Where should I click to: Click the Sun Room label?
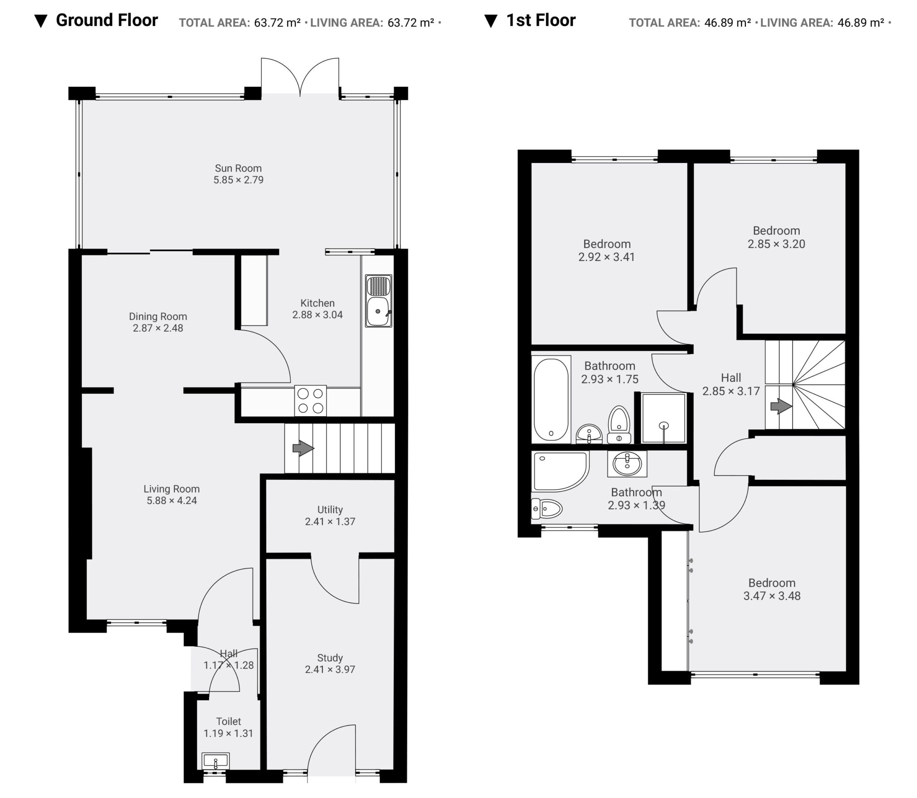coord(238,168)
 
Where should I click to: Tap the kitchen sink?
coord(379,300)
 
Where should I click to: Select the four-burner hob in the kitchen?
coord(310,401)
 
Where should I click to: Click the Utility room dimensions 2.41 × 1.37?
coord(330,521)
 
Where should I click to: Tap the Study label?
coord(330,658)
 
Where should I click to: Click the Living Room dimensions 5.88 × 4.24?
coord(172,500)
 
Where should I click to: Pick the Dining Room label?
coord(158,316)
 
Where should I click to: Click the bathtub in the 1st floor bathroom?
coord(551,399)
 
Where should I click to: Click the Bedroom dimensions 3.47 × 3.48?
coord(772,596)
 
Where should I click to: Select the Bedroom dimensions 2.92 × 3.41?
coord(607,257)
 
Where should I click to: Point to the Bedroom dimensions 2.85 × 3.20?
coord(776,244)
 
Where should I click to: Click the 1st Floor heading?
coord(541,20)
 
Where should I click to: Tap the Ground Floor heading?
coord(107,20)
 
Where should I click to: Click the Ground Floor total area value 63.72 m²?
coord(278,22)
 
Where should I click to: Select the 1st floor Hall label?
coord(731,378)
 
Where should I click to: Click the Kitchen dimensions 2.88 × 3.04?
coord(317,315)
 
